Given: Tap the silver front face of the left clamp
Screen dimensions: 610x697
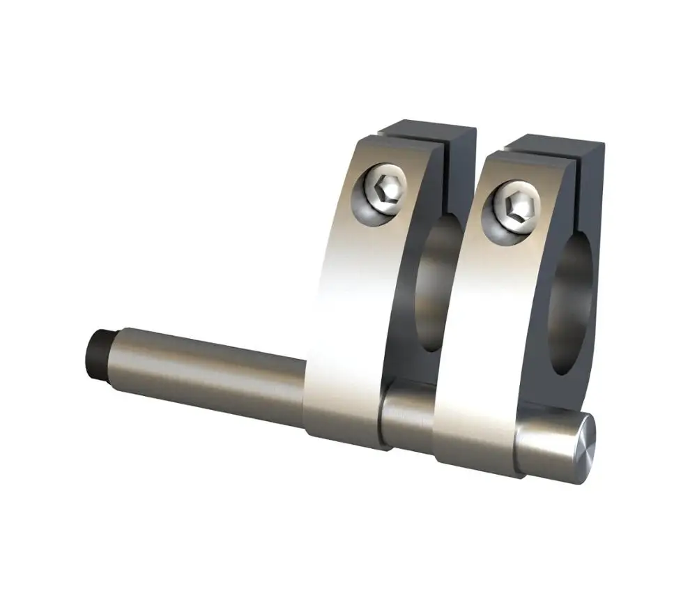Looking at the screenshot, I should pyautogui.click(x=348, y=279).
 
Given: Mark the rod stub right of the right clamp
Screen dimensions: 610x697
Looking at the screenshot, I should pyautogui.click(x=551, y=446).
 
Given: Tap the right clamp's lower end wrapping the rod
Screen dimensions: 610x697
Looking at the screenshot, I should pyautogui.click(x=474, y=439).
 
